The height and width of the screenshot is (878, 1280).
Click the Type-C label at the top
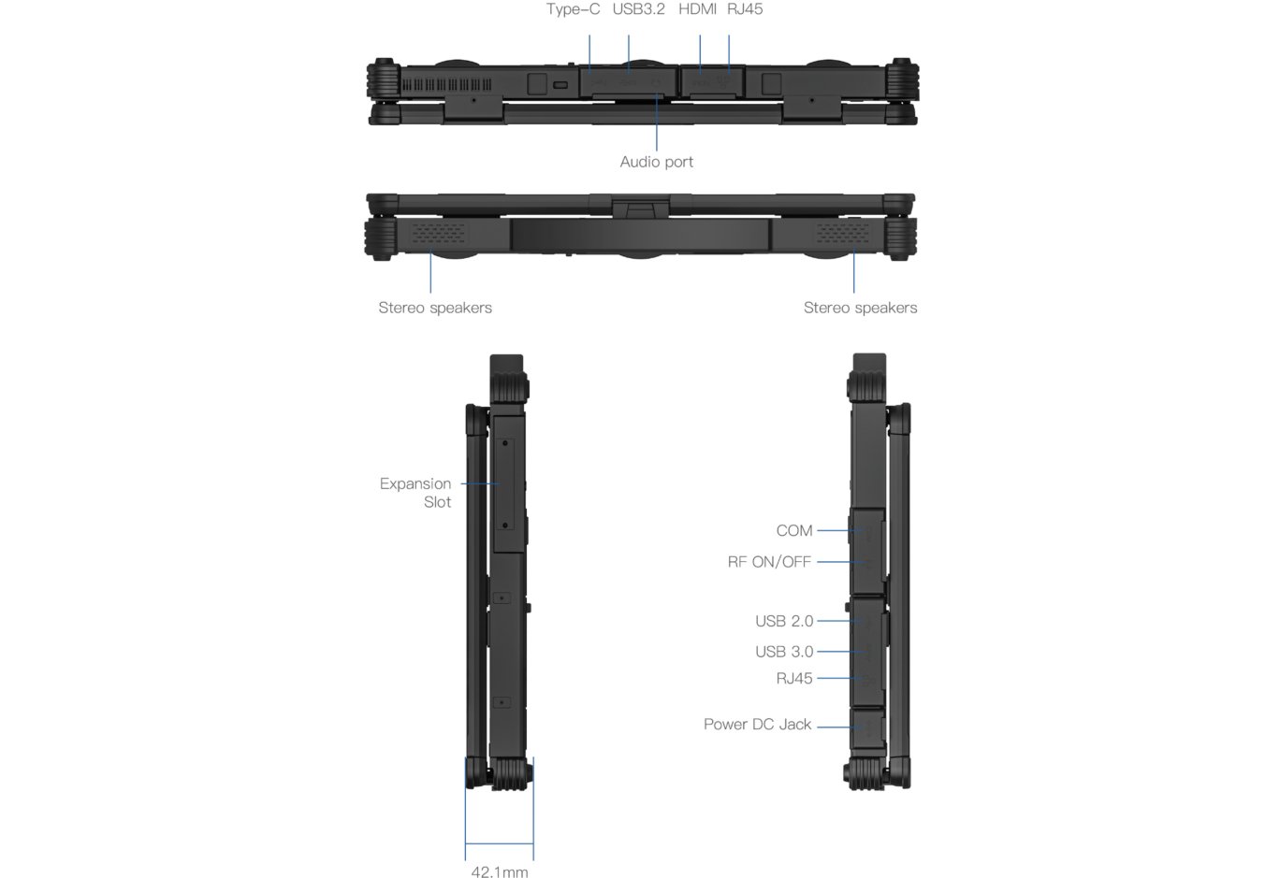[x=573, y=9]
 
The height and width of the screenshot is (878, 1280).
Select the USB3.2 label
[x=638, y=9]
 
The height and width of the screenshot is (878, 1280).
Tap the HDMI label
[x=697, y=9]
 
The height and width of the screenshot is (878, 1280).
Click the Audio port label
[x=656, y=162]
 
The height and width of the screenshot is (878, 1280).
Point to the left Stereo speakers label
[x=434, y=308]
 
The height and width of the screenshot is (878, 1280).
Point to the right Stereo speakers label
[x=860, y=308]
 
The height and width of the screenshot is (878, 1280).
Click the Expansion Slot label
[x=415, y=493]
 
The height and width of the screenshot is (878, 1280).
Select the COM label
[x=793, y=530]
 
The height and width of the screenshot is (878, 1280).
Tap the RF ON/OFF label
[x=768, y=562]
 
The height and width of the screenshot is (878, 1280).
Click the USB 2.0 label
[x=784, y=621]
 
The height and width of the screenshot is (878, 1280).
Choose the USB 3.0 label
[x=784, y=652]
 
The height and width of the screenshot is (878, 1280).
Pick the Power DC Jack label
[x=757, y=725]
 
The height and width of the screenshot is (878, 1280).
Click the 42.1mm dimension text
[x=499, y=871]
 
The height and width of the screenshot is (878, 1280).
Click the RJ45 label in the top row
[x=745, y=9]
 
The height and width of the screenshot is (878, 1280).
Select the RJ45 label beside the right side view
[x=793, y=679]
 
